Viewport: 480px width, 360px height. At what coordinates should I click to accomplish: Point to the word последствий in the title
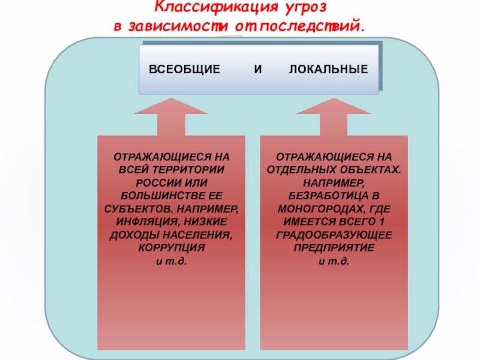(313, 26)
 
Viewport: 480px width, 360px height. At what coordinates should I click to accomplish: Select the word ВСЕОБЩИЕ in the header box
(184, 69)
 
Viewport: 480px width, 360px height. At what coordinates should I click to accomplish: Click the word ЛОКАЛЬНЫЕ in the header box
(328, 69)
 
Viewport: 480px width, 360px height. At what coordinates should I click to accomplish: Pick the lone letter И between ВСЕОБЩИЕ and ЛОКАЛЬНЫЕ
(258, 69)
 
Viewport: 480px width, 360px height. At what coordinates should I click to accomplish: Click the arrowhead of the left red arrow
(172, 106)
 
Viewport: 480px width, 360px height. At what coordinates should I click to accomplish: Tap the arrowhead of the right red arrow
(334, 106)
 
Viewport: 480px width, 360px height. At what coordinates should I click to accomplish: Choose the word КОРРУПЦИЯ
(172, 247)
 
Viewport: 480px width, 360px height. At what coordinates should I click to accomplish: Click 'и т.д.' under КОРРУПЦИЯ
(172, 261)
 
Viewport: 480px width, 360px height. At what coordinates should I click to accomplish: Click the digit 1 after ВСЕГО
(382, 221)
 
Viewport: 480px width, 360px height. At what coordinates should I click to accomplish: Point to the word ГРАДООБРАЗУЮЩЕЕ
(334, 235)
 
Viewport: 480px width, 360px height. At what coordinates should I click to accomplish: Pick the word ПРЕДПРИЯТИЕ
(334, 247)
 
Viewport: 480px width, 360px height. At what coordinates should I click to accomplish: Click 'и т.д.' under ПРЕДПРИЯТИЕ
(334, 261)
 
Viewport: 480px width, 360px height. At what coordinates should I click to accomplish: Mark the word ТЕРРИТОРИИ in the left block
(188, 170)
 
